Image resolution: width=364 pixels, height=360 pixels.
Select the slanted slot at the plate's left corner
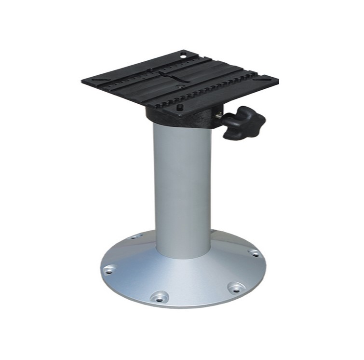[96, 80]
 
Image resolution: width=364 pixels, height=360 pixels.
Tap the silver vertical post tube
[183, 188]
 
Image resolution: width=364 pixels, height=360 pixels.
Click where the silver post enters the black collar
[181, 124]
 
